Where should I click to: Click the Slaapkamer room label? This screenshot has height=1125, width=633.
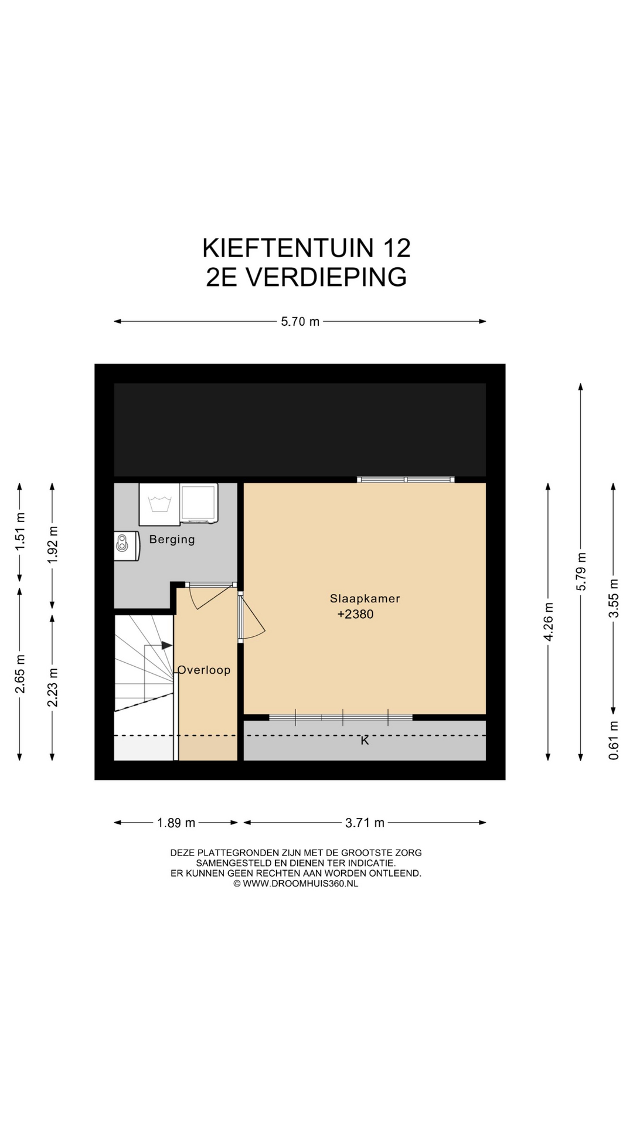tap(365, 598)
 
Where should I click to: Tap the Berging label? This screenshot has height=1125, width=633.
tap(172, 539)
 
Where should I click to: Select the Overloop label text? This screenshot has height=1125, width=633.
tap(204, 670)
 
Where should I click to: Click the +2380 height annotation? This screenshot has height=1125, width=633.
tap(355, 614)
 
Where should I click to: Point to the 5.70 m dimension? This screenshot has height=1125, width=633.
tap(300, 321)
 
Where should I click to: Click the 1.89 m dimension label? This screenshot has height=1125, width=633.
tap(176, 823)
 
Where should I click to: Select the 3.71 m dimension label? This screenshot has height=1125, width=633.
tap(365, 823)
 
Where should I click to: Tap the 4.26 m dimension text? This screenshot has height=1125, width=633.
tap(549, 622)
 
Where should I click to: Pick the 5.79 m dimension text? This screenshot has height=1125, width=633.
tap(581, 571)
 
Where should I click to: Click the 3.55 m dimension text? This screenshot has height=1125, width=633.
tap(614, 598)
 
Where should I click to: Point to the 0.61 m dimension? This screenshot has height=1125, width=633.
tap(614, 740)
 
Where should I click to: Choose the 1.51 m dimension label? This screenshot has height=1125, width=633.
tap(20, 531)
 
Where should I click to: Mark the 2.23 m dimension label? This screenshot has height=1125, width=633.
tap(53, 687)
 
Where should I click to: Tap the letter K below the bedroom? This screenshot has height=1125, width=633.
tap(365, 741)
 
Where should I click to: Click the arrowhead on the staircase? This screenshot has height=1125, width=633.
tap(167, 645)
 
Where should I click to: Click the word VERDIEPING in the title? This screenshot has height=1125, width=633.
tap(326, 277)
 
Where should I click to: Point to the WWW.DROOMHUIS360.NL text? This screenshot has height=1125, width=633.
tap(300, 884)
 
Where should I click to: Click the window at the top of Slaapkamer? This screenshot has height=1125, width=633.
tap(406, 479)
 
